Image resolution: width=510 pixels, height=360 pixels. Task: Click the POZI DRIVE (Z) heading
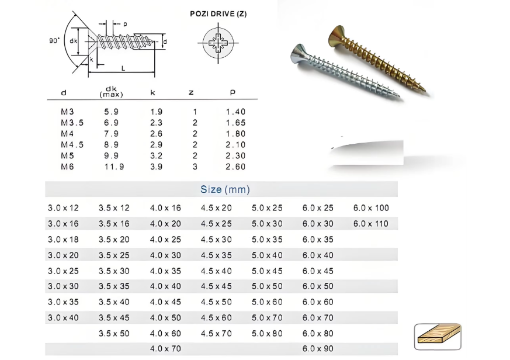pos(218,14)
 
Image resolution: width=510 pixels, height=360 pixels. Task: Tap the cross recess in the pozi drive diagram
pos(218,43)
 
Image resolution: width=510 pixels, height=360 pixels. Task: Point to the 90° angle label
pos(55,40)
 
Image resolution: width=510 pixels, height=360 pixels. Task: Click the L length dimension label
pos(123,68)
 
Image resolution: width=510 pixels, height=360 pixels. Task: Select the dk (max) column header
pos(111,92)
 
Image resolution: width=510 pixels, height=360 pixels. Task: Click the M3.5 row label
pos(72,123)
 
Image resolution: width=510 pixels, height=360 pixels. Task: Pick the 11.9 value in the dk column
pos(114,167)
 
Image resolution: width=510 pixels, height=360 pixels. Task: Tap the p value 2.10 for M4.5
pos(235,145)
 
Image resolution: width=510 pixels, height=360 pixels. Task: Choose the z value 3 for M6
pos(195,167)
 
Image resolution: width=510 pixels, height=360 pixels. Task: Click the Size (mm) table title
pos(225,189)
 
